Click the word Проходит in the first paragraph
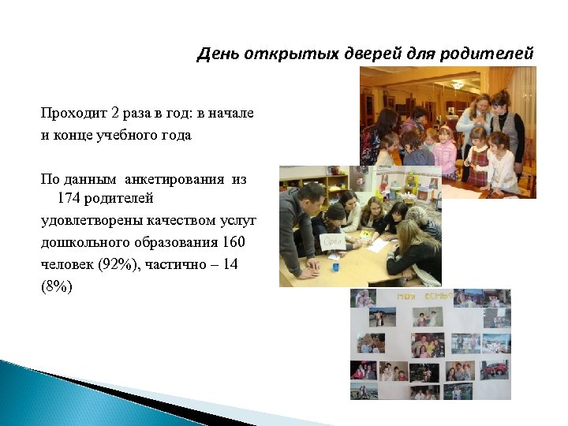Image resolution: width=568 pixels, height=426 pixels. click(73, 114)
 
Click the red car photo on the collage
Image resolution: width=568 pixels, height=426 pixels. click(495, 368)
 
